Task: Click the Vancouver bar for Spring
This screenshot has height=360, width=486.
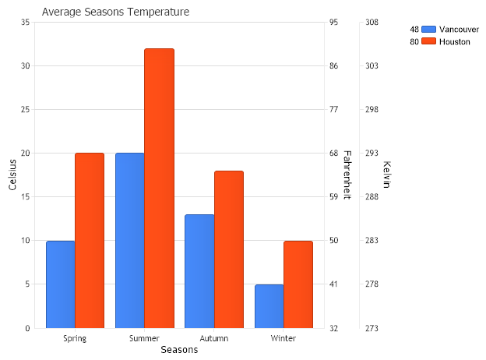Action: coord(60,284)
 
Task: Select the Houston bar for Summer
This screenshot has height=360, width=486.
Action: coord(159,189)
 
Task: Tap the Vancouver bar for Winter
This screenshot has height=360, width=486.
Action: coord(269,306)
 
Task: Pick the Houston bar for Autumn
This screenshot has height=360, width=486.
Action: coord(229,249)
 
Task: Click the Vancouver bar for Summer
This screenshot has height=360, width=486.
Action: coord(129,241)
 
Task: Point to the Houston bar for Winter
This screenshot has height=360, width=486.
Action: coord(298,284)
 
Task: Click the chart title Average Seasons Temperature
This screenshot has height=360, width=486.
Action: coord(115,12)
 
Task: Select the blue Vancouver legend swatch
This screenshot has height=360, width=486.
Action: coord(428,29)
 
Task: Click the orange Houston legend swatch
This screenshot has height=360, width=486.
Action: coord(428,41)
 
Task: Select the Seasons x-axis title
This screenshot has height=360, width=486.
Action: coord(179,351)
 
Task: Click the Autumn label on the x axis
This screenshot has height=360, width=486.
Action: coord(214,338)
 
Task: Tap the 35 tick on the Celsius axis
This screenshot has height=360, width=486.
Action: coord(25,23)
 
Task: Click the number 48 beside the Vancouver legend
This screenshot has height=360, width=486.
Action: coord(414,29)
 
